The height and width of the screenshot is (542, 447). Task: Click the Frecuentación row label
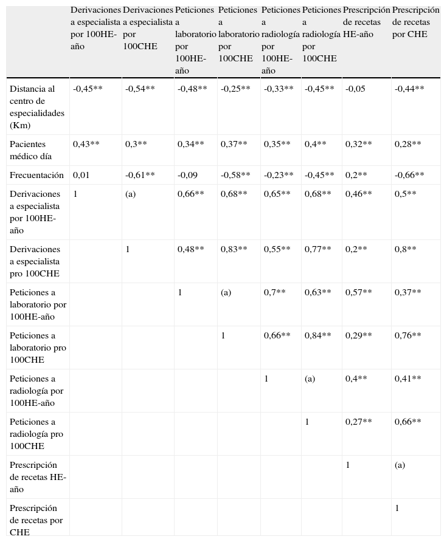[x=36, y=175]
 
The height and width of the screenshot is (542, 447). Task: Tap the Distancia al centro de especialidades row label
[x=37, y=107]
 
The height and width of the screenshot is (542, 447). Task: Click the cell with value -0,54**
[x=140, y=89]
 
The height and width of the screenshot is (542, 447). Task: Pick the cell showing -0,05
[x=355, y=89]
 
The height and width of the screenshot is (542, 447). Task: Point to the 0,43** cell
[x=86, y=144]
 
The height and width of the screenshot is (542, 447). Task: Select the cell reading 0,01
[x=81, y=175]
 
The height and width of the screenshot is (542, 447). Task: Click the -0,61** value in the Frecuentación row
[x=140, y=175]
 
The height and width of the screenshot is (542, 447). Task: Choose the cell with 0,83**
[x=234, y=249]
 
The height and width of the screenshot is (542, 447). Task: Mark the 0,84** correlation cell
[x=317, y=335]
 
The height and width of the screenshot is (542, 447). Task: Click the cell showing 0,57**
[x=358, y=292]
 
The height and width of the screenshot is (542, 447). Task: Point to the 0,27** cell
[x=358, y=422]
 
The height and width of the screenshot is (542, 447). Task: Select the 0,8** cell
[x=405, y=249]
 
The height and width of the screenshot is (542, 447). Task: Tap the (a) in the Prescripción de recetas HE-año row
[x=400, y=465]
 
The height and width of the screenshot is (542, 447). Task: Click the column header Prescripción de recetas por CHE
[x=415, y=22]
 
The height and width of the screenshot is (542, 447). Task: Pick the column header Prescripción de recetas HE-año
[x=366, y=22]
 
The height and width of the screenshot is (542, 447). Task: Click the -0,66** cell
[x=409, y=175]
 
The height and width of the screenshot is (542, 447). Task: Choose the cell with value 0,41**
[x=407, y=379]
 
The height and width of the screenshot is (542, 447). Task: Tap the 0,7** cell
[x=274, y=292]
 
